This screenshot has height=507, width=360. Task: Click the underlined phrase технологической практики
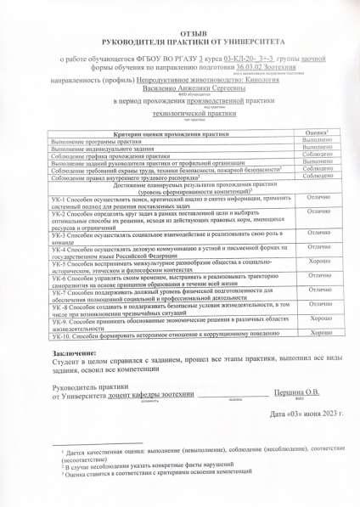179,112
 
